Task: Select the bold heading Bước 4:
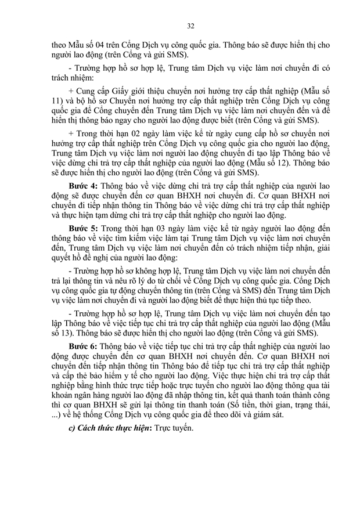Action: (84, 187)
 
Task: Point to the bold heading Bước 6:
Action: (84, 345)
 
